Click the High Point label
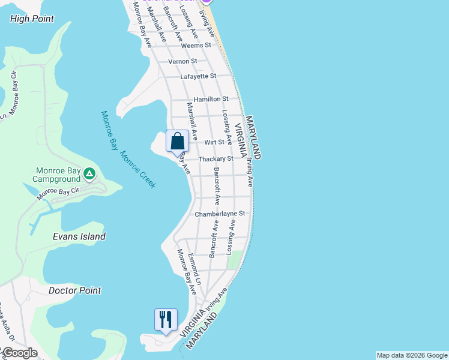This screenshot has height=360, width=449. click(x=32, y=19)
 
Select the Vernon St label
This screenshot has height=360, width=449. click(x=182, y=61)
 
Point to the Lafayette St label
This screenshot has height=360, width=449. click(x=198, y=76)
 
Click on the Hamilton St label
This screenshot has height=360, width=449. click(x=211, y=98)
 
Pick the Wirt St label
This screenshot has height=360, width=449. click(x=214, y=142)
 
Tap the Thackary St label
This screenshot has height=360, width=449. click(x=215, y=159)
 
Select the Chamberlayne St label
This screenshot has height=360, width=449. click(x=220, y=214)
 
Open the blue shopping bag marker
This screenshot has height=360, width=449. click(x=177, y=142)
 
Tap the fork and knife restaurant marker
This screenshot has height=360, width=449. click(x=165, y=319)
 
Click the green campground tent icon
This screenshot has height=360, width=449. click(x=89, y=174)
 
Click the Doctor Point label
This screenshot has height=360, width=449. click(x=74, y=290)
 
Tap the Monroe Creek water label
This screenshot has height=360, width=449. click(x=138, y=169)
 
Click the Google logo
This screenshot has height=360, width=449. click(x=20, y=353)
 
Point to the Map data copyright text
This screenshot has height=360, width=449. click(x=412, y=355)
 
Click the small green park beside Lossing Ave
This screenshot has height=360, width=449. click(x=236, y=259)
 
